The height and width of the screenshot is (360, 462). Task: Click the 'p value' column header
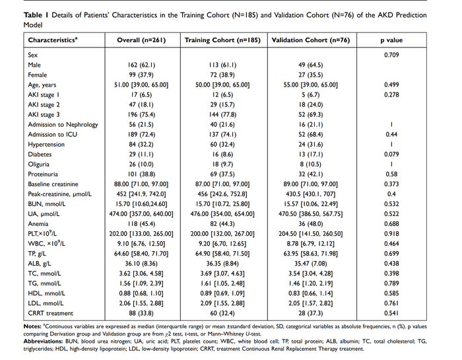pos(392,40)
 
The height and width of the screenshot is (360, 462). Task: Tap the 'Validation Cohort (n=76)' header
pos(312,40)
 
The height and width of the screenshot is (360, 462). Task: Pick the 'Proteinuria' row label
pos(44,173)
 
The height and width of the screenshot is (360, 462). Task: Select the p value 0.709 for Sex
pos(392,55)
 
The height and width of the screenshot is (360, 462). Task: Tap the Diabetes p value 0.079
pos(392,155)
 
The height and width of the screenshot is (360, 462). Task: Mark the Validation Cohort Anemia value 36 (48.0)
pos(312,223)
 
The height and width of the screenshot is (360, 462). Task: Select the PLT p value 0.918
pos(392,233)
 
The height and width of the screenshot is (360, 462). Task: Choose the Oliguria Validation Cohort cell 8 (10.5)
pos(312,164)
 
